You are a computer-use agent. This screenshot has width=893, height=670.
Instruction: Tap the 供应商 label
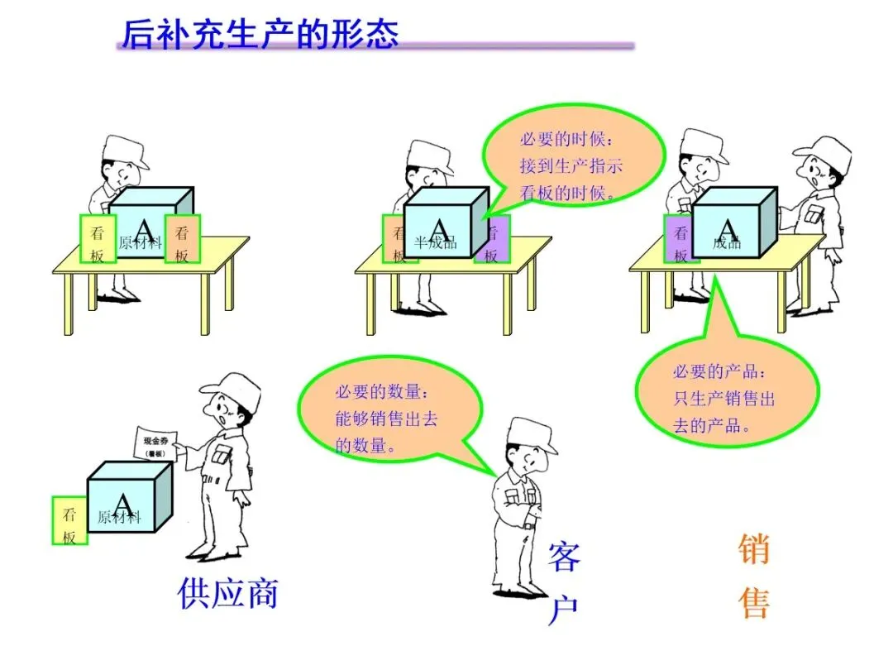coord(228,593)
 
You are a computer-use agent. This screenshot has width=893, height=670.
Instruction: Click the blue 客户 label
coord(564,584)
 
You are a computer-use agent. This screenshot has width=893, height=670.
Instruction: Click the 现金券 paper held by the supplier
coord(156,443)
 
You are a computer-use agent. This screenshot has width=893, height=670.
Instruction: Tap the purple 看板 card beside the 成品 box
coord(680,239)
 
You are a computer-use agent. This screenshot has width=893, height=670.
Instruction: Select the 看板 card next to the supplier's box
coord(69,521)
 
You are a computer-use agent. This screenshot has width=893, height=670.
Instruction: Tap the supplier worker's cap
coord(229,388)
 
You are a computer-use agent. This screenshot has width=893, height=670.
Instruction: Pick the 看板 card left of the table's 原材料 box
coord(98,239)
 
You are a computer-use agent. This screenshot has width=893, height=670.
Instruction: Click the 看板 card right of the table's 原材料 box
coord(182,239)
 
